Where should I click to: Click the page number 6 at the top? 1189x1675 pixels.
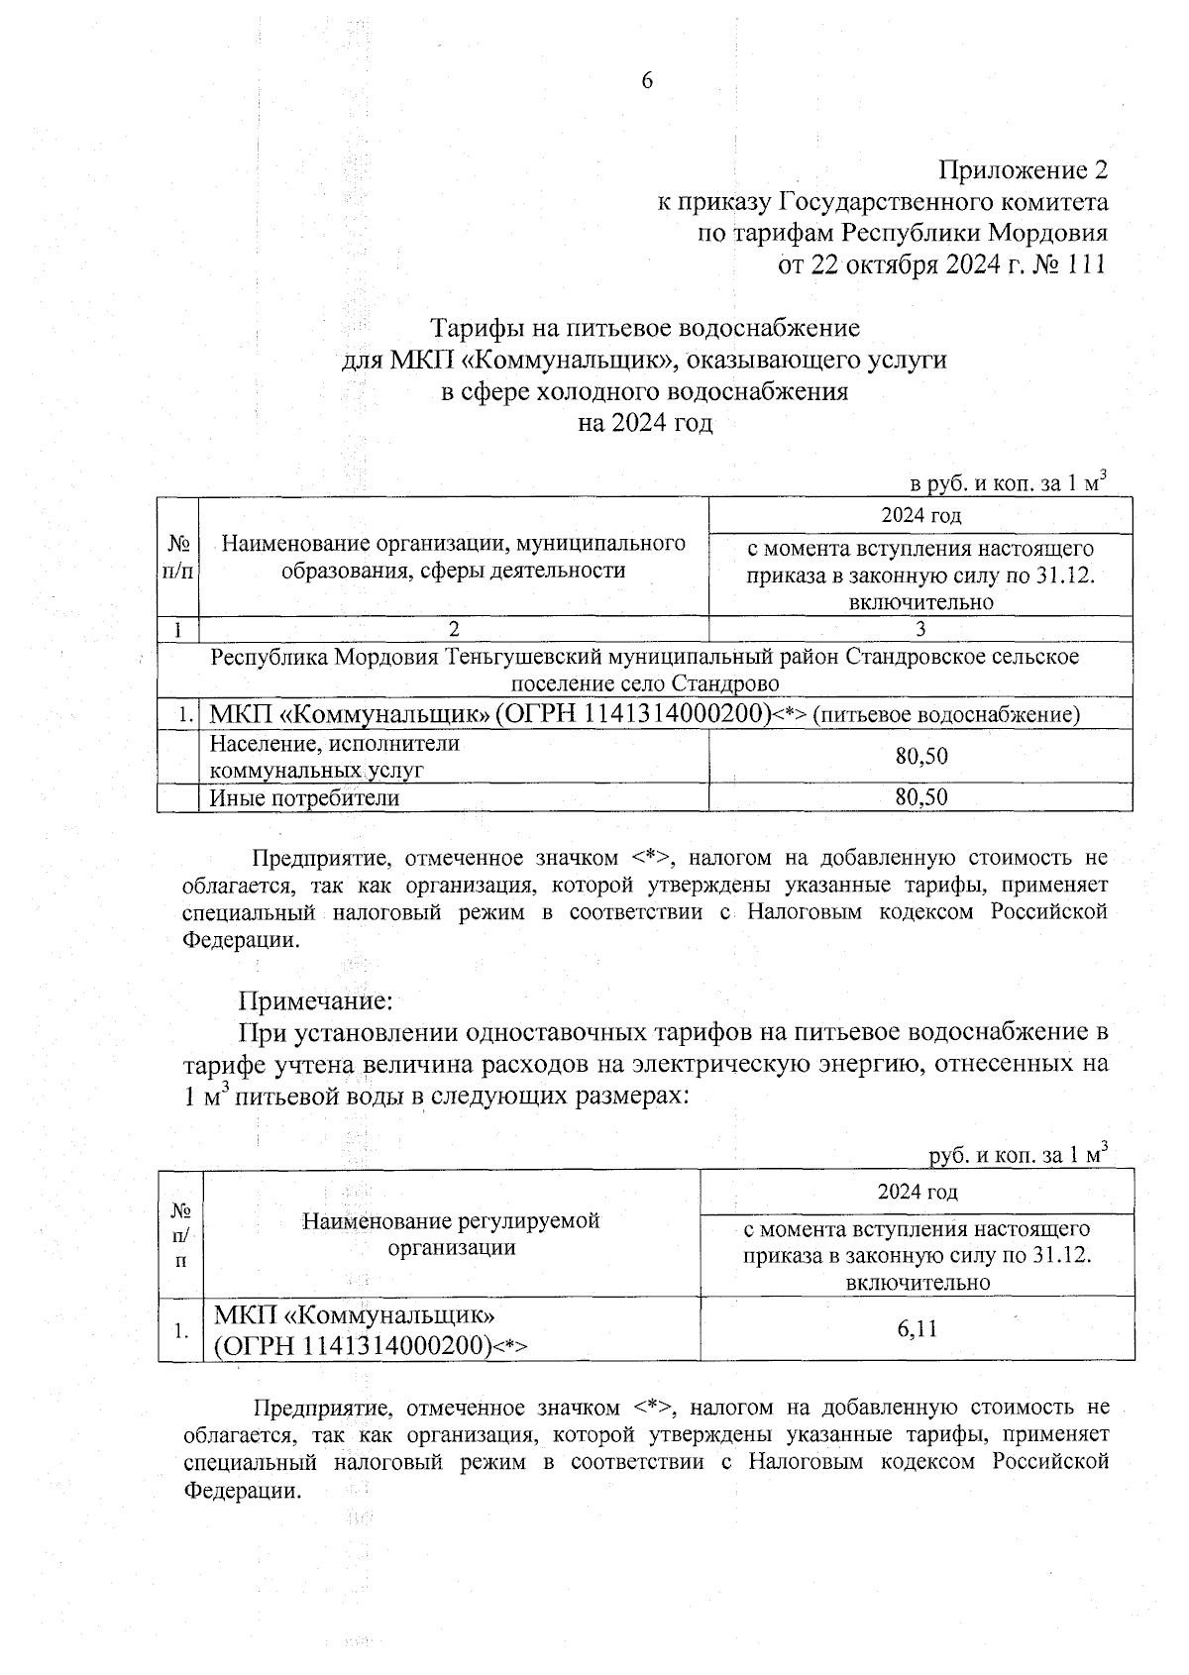click(647, 82)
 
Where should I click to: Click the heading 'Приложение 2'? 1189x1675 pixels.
click(1023, 170)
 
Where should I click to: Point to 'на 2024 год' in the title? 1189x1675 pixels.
click(645, 423)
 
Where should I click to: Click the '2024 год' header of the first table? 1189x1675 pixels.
click(920, 515)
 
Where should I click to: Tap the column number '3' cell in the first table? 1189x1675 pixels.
click(920, 629)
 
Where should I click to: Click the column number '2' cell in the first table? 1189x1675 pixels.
click(454, 629)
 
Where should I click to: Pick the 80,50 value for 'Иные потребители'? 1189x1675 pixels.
click(920, 797)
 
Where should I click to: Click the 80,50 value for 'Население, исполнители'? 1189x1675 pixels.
click(920, 757)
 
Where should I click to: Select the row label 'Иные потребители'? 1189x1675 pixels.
click(304, 798)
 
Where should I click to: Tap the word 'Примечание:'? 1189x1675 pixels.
click(316, 998)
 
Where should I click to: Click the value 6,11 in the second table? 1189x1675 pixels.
click(917, 1328)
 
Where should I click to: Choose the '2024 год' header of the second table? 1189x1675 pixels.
click(918, 1192)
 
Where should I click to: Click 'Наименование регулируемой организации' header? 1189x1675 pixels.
click(452, 1234)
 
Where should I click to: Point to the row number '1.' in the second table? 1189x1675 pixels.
click(180, 1330)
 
